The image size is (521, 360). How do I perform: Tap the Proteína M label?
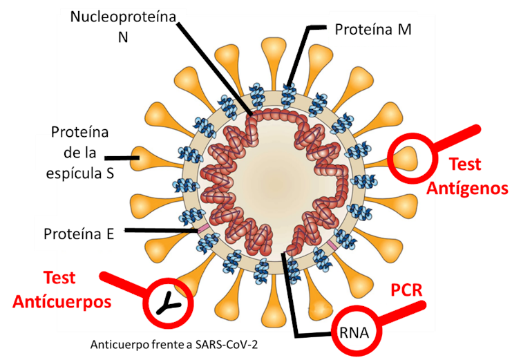[x=373, y=29]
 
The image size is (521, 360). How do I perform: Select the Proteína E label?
[x=79, y=234]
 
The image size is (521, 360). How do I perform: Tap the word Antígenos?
[x=468, y=188]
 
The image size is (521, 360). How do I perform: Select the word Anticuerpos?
[x=62, y=302]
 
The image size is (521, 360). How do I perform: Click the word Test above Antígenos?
[x=465, y=165]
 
